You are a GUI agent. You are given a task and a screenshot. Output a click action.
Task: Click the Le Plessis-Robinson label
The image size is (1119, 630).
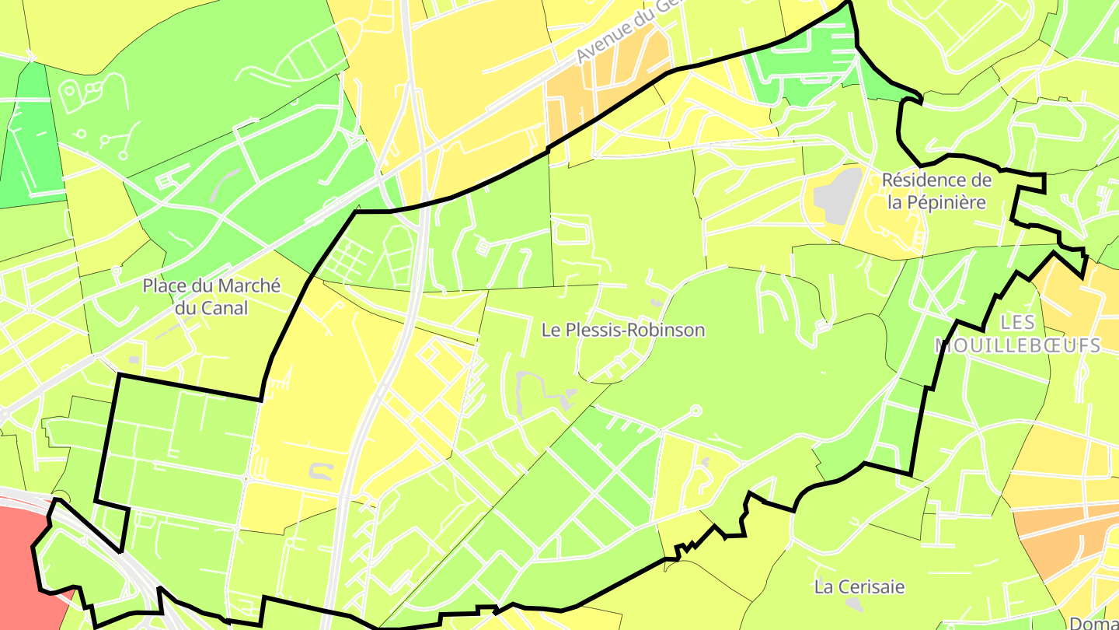623,330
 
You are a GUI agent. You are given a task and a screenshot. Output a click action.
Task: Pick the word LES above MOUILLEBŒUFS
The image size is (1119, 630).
1018,322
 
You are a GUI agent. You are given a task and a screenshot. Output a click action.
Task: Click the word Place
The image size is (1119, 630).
165,285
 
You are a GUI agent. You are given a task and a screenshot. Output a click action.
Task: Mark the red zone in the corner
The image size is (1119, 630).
19,544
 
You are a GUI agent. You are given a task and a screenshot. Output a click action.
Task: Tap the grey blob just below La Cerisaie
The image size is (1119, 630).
854,604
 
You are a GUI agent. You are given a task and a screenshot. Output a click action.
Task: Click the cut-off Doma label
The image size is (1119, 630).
1094,622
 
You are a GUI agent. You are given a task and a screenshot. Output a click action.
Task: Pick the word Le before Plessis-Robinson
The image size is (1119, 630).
550,330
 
